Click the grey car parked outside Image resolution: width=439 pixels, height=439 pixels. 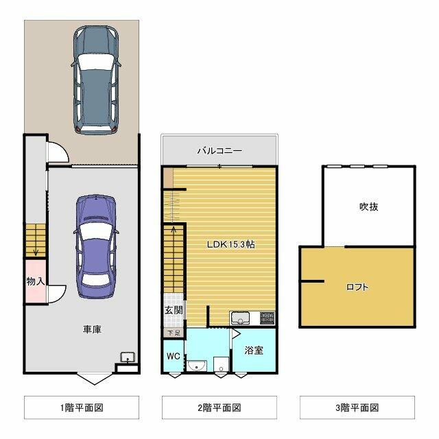click(96, 80)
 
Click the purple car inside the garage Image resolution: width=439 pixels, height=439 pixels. click(96, 247)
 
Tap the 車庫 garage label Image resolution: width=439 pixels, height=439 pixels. click(92, 329)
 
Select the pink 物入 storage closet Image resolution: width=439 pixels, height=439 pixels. click(36, 281)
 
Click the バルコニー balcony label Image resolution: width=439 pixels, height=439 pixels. click(219, 151)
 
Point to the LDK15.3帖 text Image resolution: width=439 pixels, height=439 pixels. click(231, 244)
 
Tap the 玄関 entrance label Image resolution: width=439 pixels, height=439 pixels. click(174, 310)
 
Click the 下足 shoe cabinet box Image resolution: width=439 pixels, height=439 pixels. click(174, 333)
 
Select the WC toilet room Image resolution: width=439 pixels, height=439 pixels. click(174, 355)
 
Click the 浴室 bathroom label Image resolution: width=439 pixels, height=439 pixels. click(254, 350)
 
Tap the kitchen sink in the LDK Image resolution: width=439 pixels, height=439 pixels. click(240, 318)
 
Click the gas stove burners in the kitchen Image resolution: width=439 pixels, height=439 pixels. click(268, 318)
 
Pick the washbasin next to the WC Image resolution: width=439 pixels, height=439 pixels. click(197, 366)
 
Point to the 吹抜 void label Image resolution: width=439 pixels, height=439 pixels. click(369, 206)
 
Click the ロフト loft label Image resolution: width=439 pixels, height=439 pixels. click(357, 287)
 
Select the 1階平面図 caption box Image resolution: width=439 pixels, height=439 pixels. click(82, 407)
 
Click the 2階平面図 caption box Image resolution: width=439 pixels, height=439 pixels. click(219, 407)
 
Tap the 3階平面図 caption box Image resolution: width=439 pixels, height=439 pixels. click(357, 407)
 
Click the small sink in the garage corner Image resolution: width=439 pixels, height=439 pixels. click(128, 357)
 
